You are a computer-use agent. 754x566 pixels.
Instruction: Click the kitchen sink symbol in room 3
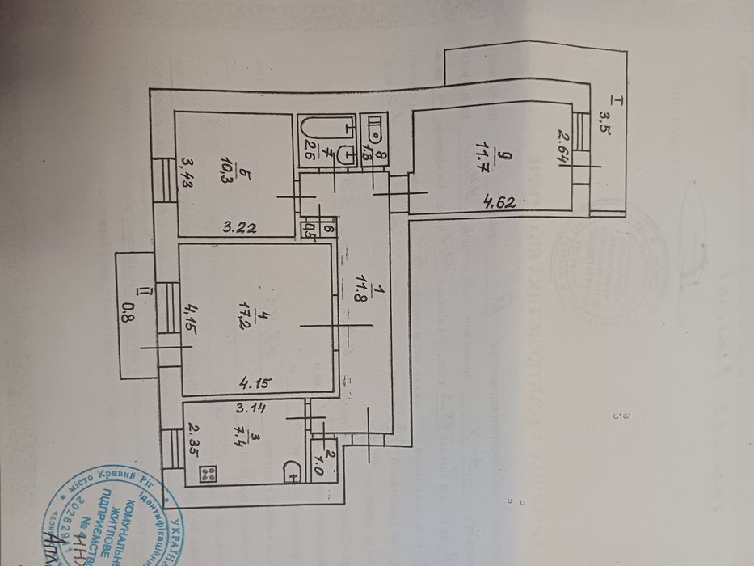click(x=292, y=471)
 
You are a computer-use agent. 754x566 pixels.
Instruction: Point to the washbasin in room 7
click(x=345, y=151)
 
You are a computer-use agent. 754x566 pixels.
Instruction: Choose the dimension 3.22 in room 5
click(x=239, y=227)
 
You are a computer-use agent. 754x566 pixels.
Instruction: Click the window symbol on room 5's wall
click(x=165, y=178)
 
